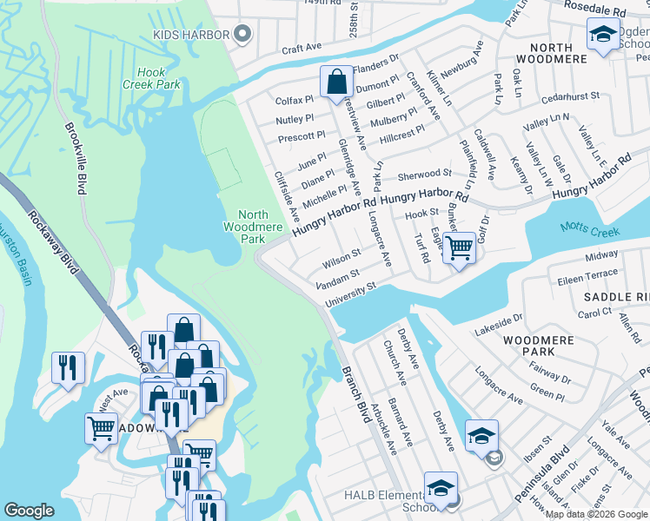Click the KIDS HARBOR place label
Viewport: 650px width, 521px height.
(x=190, y=35)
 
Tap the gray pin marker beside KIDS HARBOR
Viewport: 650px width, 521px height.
(x=243, y=35)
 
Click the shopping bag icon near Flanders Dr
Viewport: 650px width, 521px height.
(x=336, y=82)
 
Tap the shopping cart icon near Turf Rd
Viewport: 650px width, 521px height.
(x=459, y=247)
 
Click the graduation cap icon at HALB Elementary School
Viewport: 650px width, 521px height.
(x=441, y=487)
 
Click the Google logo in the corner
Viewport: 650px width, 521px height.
(x=29, y=511)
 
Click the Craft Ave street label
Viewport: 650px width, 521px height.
(x=301, y=47)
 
